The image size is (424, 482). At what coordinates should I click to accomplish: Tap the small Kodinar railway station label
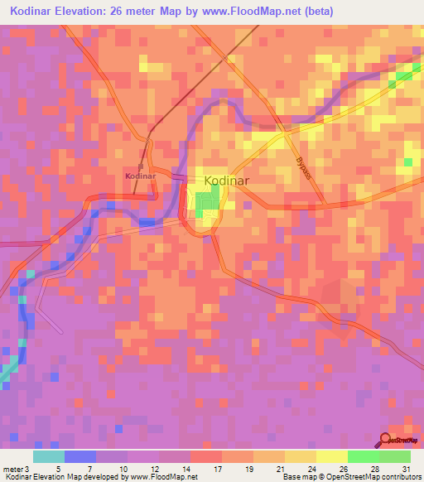(x=140, y=176)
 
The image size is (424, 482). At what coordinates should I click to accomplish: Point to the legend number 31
(x=405, y=469)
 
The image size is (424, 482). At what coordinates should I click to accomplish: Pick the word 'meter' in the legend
(x=12, y=469)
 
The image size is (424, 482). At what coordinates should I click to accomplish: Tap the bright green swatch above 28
(x=364, y=456)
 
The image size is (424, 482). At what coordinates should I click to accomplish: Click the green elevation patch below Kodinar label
(x=213, y=198)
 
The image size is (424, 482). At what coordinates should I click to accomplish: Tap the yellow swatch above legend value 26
(x=332, y=456)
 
